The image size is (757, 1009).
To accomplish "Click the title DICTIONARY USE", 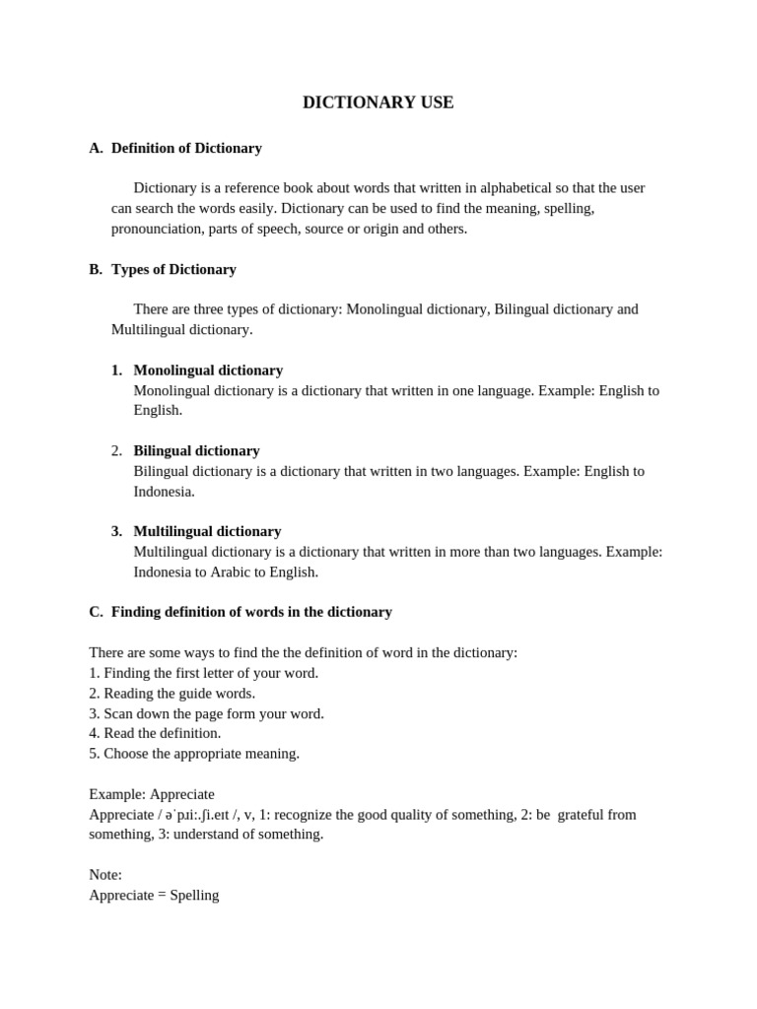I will point(378,102).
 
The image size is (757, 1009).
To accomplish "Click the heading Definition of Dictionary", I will point(186,148).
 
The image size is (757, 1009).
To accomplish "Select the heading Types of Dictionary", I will point(173,269).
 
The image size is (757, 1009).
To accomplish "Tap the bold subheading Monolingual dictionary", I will point(208,370).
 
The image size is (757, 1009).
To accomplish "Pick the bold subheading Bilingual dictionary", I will point(196,450).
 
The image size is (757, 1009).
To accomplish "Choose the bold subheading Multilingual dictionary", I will point(207,531).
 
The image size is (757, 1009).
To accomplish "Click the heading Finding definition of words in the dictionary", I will point(251,612).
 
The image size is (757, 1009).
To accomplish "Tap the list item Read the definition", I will point(155,733).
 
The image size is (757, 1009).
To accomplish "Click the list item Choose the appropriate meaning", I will point(194,753).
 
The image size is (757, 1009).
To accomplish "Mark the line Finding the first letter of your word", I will point(203,673).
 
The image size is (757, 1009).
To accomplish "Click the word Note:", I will point(105,875).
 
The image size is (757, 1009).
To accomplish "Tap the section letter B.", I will point(95,269).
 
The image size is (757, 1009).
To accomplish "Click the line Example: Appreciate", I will point(151,794).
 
